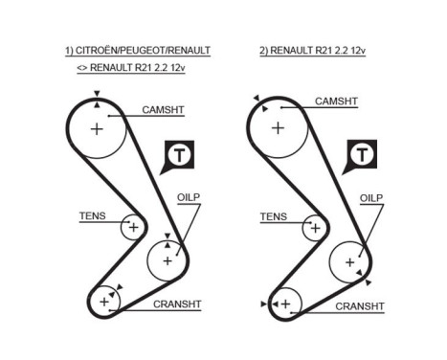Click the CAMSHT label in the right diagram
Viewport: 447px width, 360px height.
336,101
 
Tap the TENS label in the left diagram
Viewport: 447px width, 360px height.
93,216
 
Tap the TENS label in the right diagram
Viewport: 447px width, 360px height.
273,216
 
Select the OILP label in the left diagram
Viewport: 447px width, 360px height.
190,198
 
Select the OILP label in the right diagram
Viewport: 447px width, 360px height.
370,198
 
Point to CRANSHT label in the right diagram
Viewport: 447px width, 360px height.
359,306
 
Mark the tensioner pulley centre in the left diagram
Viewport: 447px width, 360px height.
132,227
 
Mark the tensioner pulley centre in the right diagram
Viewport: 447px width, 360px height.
313,227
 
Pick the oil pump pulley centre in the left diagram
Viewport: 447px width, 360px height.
168,259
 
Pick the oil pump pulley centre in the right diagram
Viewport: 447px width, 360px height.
348,259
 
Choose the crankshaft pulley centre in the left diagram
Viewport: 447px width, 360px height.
103,303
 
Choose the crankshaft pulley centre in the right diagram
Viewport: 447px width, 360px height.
285,303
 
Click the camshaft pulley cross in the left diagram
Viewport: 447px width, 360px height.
97,128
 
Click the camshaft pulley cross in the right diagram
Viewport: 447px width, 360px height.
278,127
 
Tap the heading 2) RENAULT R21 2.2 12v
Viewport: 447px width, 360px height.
312,50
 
